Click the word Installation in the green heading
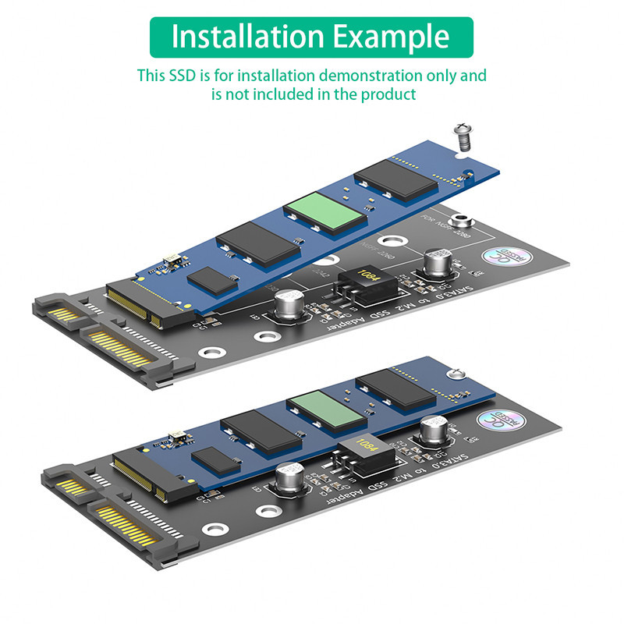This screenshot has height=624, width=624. pyautogui.click(x=243, y=37)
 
